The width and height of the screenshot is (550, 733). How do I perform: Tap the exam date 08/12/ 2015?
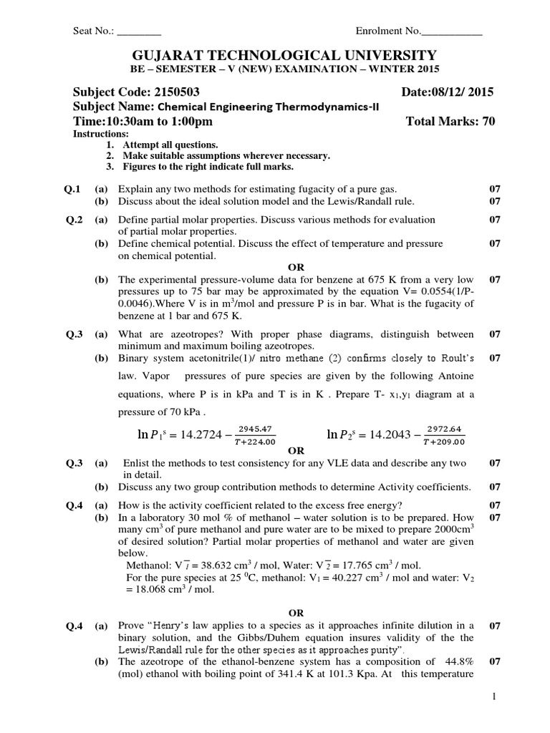click(458, 92)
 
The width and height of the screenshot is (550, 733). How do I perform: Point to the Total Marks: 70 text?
click(450, 122)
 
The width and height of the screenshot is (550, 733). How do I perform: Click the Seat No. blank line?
click(139, 32)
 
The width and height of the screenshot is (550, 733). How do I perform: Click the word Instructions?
click(101, 134)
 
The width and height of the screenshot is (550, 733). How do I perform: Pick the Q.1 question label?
click(74, 189)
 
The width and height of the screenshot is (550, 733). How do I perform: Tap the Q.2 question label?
click(74, 220)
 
